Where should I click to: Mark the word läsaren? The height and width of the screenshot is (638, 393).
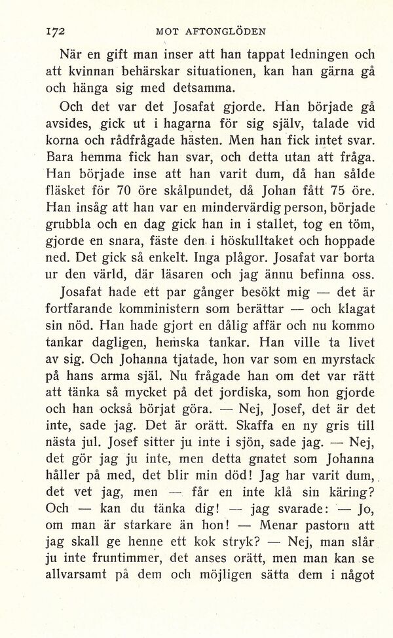[x=210, y=274]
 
